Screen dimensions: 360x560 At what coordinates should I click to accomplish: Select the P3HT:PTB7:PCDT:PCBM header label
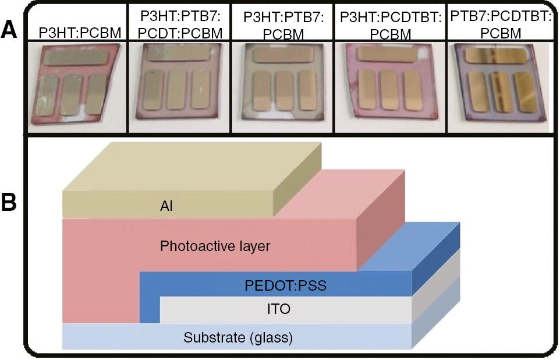click(x=181, y=25)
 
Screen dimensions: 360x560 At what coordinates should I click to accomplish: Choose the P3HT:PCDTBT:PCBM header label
click(x=387, y=25)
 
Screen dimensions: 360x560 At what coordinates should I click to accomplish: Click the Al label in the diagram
click(x=167, y=204)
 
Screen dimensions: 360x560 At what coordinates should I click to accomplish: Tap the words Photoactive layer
click(x=215, y=246)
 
